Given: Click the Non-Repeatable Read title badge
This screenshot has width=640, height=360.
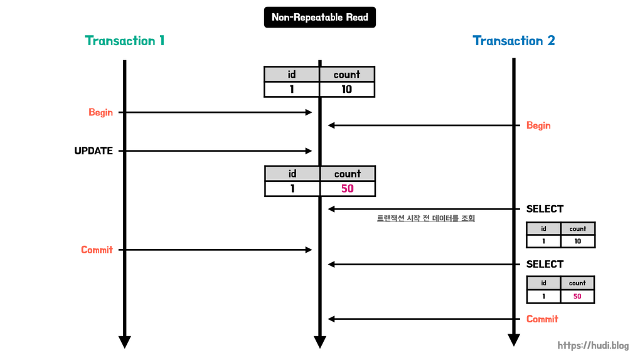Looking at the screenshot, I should pos(319,18).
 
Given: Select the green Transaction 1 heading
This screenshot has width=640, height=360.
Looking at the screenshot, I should pos(125,41).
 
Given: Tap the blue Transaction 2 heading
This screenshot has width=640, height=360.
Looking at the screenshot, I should pos(513,41).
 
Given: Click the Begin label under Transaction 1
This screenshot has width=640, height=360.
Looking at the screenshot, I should pos(100,112).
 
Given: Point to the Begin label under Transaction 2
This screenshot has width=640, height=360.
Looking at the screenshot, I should pos(538,125).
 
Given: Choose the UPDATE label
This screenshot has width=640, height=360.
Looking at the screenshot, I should pos(93,151).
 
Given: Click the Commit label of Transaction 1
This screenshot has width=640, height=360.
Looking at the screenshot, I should pos(97,250).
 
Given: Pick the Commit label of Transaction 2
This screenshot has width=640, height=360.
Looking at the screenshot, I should pos(542,319).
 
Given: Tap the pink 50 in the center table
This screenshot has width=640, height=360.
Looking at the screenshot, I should pos(347,188).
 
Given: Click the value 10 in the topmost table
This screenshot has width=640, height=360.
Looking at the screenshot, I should pos(346,89).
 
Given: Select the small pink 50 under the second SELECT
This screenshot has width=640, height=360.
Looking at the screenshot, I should pos(577,296).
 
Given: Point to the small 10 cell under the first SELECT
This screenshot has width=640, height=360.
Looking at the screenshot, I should pos(577,241).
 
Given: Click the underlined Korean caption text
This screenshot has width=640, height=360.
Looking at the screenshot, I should pos(425,218).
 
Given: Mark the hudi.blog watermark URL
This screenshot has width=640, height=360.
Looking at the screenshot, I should pos(593,346).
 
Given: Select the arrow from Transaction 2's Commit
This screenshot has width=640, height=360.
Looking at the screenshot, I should pos(424,319).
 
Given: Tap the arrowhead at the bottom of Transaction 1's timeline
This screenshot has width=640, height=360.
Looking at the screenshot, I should pos(125,342).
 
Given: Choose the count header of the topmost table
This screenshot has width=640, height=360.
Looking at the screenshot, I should pos(346,75).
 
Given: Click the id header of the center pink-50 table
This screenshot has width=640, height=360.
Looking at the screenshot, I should pos(292,174).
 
